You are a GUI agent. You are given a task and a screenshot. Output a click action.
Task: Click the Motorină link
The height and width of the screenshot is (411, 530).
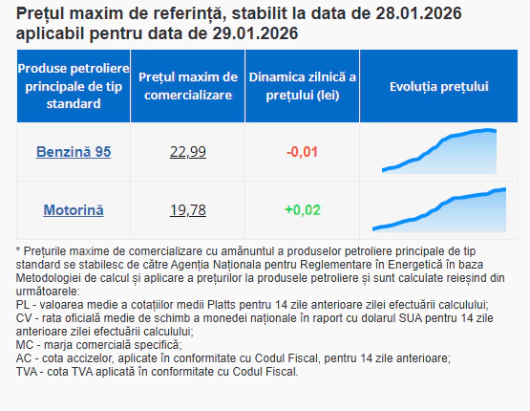point(73,210)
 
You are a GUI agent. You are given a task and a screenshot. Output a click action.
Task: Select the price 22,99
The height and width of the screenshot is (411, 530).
point(187,152)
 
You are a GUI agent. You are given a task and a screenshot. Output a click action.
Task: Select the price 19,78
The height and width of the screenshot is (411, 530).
point(187,210)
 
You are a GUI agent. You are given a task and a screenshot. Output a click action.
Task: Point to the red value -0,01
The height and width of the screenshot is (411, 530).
point(302,152)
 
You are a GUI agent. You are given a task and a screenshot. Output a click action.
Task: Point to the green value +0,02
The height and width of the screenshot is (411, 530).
point(302,210)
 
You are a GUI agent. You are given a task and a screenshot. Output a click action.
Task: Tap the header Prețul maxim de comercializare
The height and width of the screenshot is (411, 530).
point(187,87)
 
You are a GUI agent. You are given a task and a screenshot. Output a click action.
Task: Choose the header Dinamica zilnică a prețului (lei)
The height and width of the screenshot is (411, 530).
point(302,87)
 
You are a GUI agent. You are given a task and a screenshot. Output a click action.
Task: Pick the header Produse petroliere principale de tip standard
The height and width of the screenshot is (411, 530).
point(73,87)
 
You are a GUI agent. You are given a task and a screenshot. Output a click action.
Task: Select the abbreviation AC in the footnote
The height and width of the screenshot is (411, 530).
point(25,358)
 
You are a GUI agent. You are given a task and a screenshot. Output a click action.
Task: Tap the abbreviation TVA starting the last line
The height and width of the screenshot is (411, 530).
point(29,372)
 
